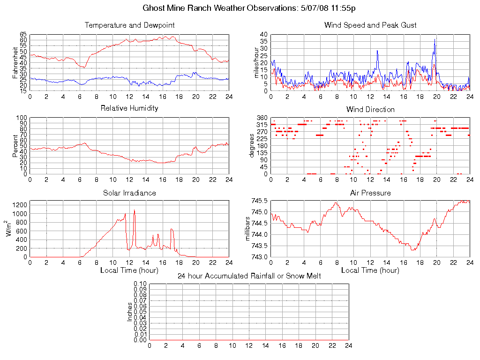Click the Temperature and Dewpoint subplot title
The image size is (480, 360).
click(129, 25)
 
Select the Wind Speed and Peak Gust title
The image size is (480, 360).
click(370, 25)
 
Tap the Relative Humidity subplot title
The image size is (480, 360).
click(129, 108)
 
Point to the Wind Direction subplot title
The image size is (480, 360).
click(370, 109)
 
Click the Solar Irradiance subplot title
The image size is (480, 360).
click(129, 193)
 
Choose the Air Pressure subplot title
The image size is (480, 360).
click(370, 193)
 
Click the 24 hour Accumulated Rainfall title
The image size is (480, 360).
click(249, 276)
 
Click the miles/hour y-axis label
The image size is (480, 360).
click(256, 62)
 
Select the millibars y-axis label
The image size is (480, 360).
click(248, 229)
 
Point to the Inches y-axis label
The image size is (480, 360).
click(130, 312)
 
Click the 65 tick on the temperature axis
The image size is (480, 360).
click(23, 35)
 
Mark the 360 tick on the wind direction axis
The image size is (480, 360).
click(262, 118)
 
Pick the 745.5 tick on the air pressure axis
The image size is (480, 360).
click(260, 201)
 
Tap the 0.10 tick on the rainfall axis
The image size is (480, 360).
click(141, 284)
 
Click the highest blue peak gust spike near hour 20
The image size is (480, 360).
click(435, 39)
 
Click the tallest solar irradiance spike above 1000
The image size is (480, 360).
click(134, 210)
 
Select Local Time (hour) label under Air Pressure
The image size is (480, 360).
click(370, 270)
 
